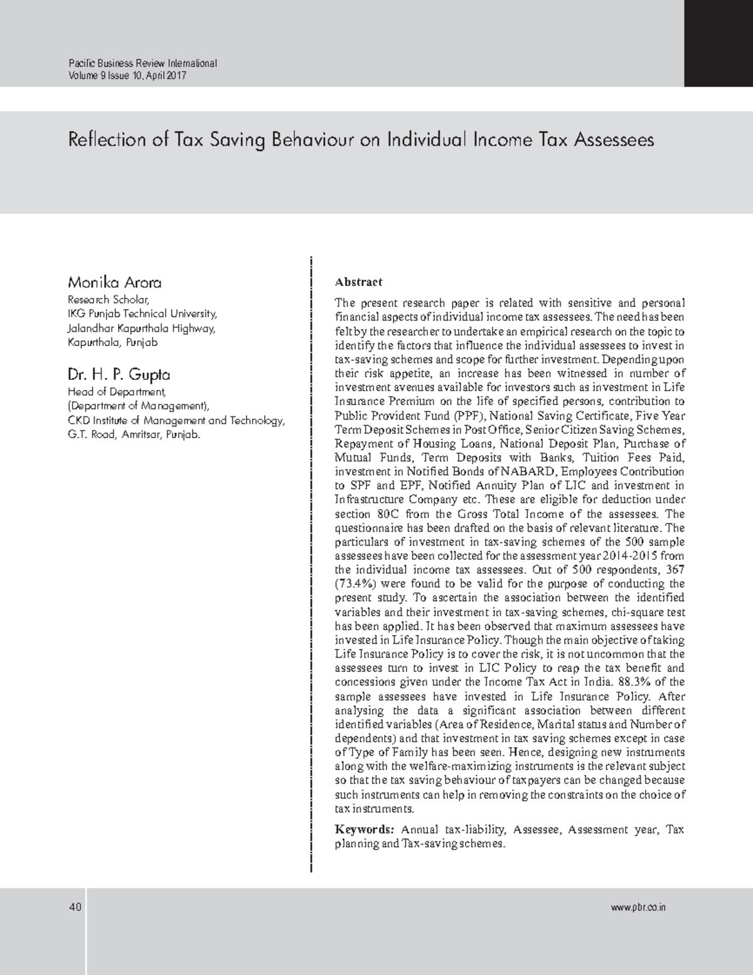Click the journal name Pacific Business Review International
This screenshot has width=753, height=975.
(x=142, y=63)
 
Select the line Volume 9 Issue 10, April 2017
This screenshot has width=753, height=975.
(x=127, y=76)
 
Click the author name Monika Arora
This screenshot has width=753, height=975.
(x=115, y=282)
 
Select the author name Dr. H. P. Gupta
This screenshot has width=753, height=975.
(x=119, y=375)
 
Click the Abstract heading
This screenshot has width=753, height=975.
(x=358, y=282)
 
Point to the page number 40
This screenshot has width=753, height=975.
(x=75, y=907)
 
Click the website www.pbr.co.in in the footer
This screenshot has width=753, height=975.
(x=638, y=907)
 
